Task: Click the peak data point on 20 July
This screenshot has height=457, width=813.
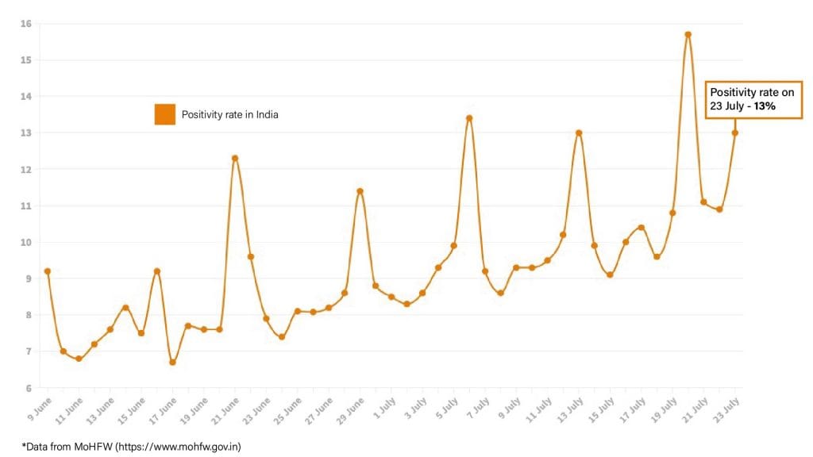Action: [x=688, y=34]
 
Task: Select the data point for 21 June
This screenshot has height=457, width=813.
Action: [x=235, y=158]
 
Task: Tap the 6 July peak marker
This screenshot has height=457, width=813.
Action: [x=469, y=118]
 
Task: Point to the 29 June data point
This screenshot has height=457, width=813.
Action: [x=360, y=191]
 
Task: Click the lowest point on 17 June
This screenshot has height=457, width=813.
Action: [x=172, y=363]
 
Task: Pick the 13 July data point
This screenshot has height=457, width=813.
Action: [x=579, y=133]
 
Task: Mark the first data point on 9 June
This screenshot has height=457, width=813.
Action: [x=48, y=271]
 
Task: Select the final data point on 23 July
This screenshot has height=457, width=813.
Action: [x=735, y=132]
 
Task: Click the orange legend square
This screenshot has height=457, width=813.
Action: [x=164, y=114]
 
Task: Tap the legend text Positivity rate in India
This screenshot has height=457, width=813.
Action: [x=230, y=115]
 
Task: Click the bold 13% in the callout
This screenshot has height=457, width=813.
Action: [x=765, y=106]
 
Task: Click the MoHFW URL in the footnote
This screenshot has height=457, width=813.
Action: [x=179, y=447]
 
